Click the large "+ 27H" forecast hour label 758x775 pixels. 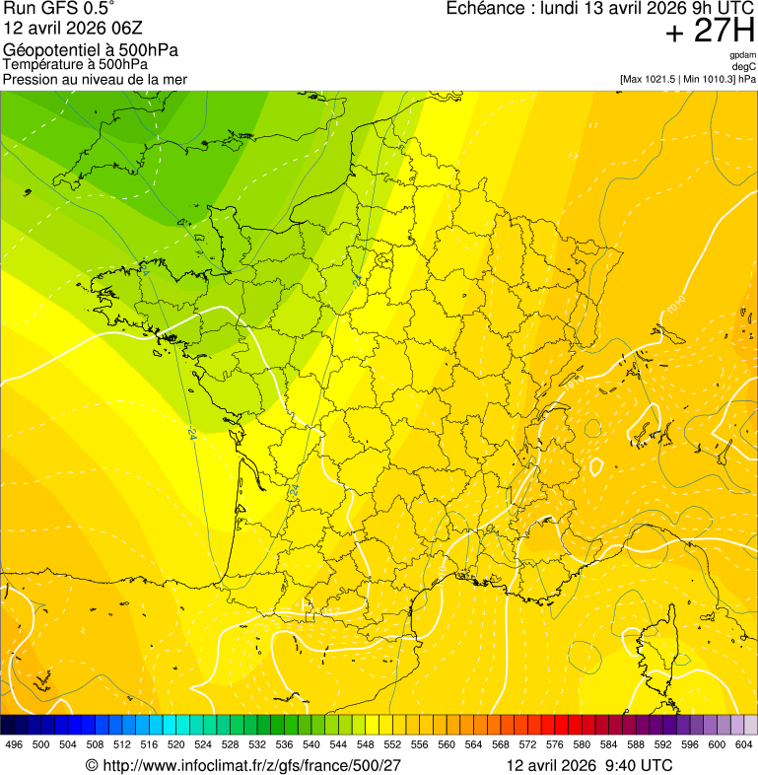point(710,32)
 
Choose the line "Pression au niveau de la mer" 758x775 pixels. point(95,79)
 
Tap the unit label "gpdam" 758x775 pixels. point(742,55)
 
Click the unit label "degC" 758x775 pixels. point(744,66)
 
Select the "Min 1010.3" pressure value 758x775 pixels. point(706,79)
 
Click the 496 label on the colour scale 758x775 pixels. point(14,744)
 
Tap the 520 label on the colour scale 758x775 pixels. point(175,744)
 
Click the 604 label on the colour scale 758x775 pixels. point(744,744)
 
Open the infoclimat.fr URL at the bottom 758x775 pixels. point(252,765)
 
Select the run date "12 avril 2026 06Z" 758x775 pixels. point(74,29)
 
